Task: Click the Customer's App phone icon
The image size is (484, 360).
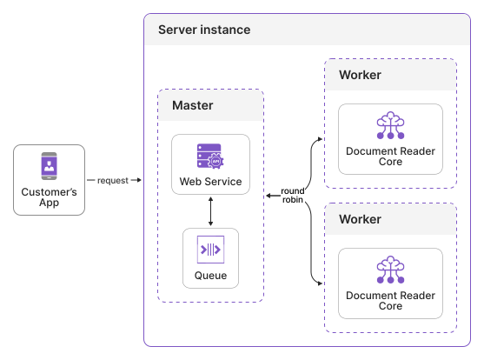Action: click(x=50, y=165)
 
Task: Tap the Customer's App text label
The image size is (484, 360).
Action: click(x=50, y=197)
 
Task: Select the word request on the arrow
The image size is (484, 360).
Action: click(x=112, y=180)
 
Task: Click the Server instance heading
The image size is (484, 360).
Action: click(x=204, y=30)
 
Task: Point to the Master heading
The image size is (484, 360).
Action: click(x=193, y=105)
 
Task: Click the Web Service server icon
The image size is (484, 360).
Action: click(x=210, y=156)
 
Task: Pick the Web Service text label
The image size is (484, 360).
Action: click(x=210, y=183)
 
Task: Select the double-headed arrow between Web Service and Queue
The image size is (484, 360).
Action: click(x=210, y=211)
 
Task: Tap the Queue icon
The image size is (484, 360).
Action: click(x=210, y=250)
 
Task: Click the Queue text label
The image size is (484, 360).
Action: click(x=210, y=276)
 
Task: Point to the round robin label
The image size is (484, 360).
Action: click(x=293, y=196)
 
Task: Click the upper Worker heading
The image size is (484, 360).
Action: click(x=360, y=75)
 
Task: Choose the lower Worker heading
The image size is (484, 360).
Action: click(x=360, y=219)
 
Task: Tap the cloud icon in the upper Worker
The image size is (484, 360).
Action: click(x=390, y=127)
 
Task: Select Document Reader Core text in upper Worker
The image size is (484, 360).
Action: click(x=390, y=157)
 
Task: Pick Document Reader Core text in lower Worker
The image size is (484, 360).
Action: click(x=390, y=300)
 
